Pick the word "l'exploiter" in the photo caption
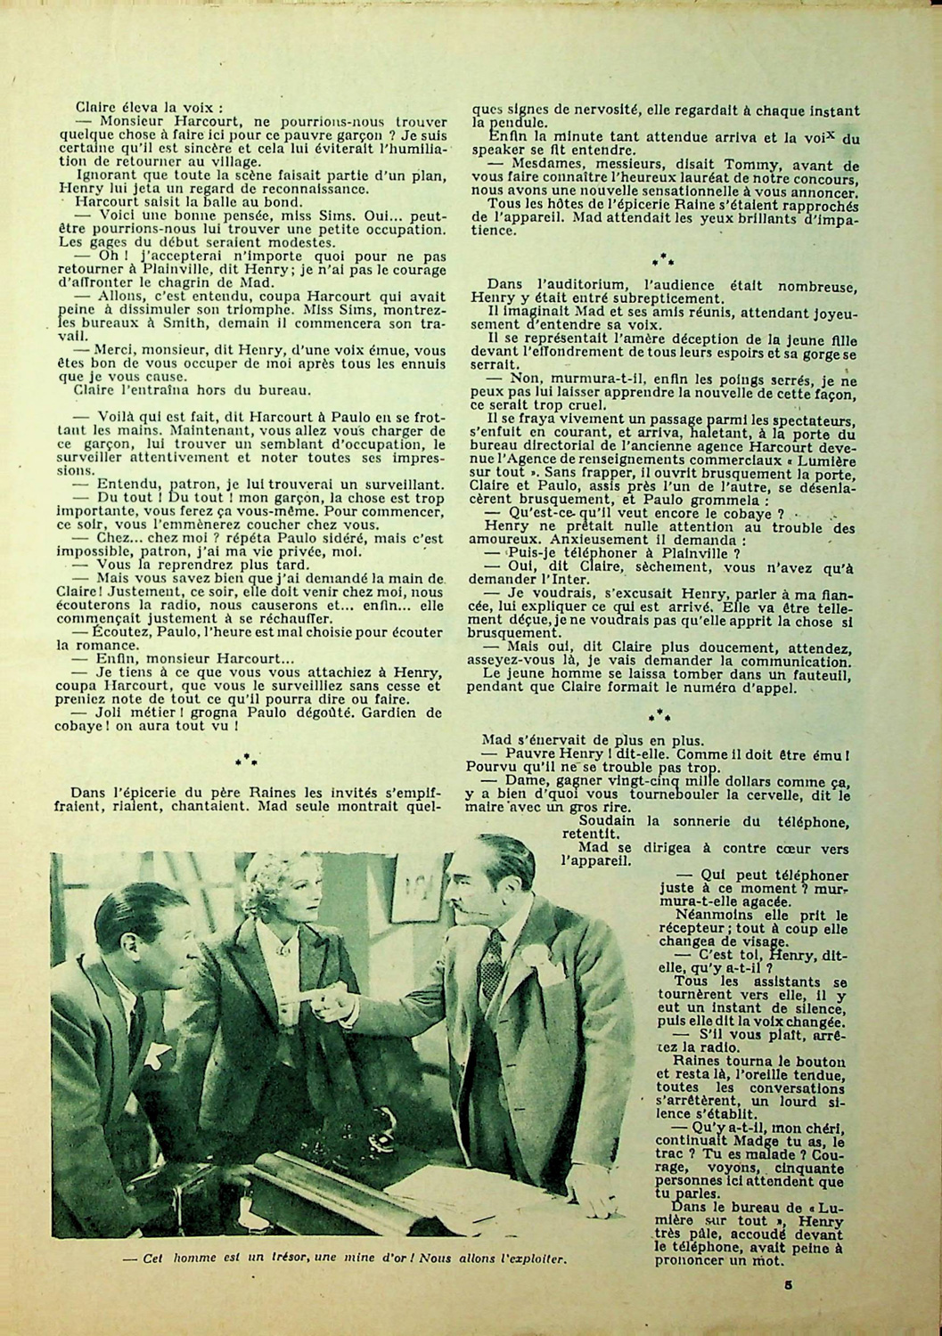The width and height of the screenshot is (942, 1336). (532, 1259)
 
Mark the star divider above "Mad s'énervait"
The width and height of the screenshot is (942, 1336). (660, 714)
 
